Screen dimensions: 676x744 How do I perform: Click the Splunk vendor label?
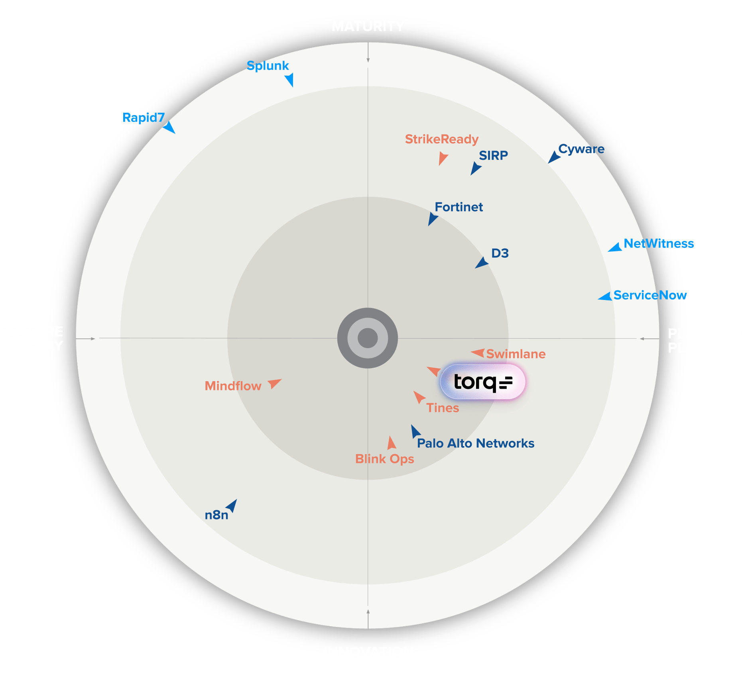268,65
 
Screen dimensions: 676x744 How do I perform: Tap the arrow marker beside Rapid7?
169,127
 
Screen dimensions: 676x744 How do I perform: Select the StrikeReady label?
441,139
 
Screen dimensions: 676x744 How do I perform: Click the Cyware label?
581,149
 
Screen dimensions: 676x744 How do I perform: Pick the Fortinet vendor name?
459,207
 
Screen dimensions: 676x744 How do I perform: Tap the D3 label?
500,253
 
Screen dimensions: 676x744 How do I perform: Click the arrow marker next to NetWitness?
616,248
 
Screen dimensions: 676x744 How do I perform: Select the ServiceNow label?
650,295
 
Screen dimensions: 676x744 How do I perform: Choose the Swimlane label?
516,354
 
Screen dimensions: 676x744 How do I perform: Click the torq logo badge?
483,382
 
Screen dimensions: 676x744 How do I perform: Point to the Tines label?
443,408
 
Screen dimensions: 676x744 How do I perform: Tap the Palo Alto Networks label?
475,443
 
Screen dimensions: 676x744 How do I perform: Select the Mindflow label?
233,386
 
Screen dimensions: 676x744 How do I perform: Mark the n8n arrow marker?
232,506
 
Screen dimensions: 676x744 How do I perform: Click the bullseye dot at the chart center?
368,338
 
